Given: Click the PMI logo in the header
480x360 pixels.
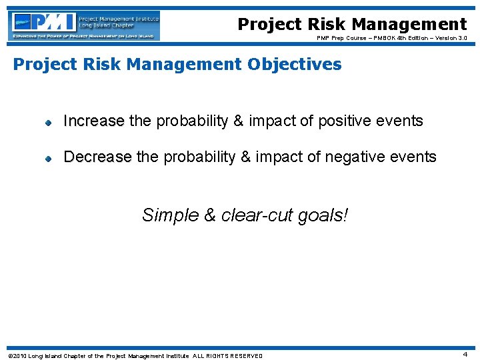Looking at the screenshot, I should [85, 25].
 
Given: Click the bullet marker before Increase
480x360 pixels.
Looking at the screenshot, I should [48, 122].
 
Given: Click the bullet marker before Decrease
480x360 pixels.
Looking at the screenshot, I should [48, 158].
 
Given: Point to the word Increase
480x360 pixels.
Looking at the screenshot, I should [93, 121].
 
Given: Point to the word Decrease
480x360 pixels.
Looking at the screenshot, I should [97, 157].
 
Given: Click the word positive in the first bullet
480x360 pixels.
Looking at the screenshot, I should [340, 121].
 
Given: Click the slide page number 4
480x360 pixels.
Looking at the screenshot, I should [465, 355].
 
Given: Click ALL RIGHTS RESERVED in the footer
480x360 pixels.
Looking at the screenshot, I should [227, 355].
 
